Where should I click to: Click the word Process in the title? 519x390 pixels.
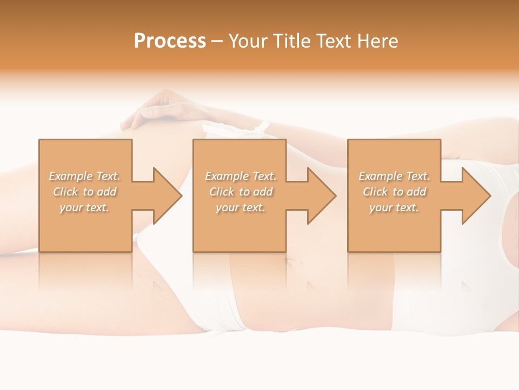[x=170, y=41]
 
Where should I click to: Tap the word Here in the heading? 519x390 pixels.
[x=378, y=41]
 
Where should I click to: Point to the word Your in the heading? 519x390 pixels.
[x=248, y=41]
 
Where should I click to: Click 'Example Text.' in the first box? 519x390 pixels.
[x=85, y=176]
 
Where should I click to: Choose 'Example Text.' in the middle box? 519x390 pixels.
[x=241, y=176]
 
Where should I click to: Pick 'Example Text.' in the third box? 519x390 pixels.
[x=394, y=176]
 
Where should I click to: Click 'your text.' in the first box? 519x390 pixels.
[x=84, y=207]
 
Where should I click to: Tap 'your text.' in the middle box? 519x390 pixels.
[x=241, y=207]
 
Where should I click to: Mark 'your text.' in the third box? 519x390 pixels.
[x=394, y=207]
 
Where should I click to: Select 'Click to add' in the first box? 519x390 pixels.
[x=85, y=192]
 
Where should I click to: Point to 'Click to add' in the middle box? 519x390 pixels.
[x=241, y=192]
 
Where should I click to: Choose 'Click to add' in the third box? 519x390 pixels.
[x=395, y=192]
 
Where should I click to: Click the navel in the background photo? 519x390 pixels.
[x=291, y=264]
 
